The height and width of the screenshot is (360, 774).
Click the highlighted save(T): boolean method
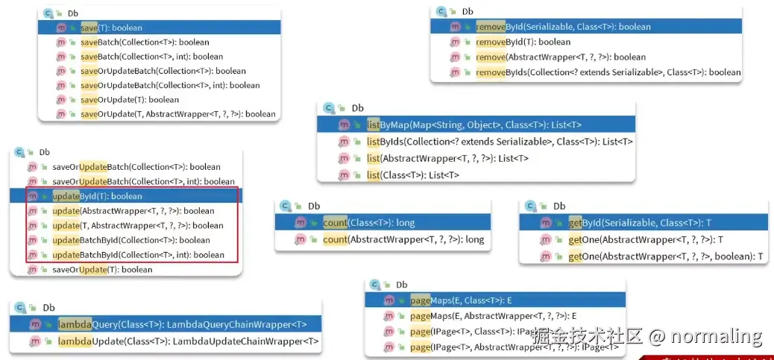[111, 28]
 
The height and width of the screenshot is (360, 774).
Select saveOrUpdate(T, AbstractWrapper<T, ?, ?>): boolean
[177, 114]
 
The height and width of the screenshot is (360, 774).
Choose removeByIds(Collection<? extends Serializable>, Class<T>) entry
[608, 72]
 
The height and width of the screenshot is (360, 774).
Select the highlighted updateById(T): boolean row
[97, 196]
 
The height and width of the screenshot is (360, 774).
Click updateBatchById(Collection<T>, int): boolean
[138, 255]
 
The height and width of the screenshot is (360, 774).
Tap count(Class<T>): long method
[368, 222]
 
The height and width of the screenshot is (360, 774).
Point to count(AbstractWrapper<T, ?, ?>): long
[403, 239]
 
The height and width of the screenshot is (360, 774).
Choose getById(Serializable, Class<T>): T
[639, 223]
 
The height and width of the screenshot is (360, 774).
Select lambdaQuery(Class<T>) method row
[182, 324]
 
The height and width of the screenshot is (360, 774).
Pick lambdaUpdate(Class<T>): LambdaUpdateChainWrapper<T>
[188, 341]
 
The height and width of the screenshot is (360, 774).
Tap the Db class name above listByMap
[357, 108]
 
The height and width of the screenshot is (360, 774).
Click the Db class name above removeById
[468, 11]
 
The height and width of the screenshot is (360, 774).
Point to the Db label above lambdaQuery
[48, 308]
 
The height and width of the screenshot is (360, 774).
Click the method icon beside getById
[545, 223]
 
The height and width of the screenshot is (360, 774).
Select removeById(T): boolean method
[523, 42]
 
